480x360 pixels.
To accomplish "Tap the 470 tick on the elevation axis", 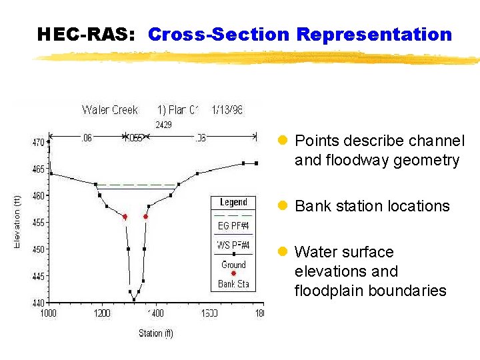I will click(x=39, y=142).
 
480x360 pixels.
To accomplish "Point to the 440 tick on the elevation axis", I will click(x=39, y=303).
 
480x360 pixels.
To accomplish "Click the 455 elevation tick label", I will click(x=39, y=223).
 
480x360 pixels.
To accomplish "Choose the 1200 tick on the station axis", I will click(x=101, y=313).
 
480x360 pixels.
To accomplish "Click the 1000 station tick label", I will click(x=49, y=313).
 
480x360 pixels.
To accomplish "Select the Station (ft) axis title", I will click(x=155, y=333).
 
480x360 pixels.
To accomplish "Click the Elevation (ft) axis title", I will click(x=18, y=222).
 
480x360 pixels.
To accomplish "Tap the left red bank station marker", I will click(x=125, y=217).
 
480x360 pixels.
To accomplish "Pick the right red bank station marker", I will click(x=145, y=217).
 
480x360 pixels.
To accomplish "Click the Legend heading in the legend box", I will click(x=233, y=202).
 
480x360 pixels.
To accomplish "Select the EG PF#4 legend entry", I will click(x=233, y=226).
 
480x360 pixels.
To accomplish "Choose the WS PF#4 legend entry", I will click(x=233, y=245).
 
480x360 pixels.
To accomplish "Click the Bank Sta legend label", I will click(x=233, y=284).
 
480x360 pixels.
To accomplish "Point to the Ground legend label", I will click(x=233, y=265).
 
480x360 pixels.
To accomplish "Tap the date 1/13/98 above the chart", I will click(x=227, y=110).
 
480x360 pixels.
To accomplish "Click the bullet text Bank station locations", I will click(x=372, y=206).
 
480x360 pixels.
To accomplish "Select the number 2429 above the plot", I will click(x=163, y=125).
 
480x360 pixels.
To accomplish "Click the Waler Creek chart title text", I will click(x=110, y=110).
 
